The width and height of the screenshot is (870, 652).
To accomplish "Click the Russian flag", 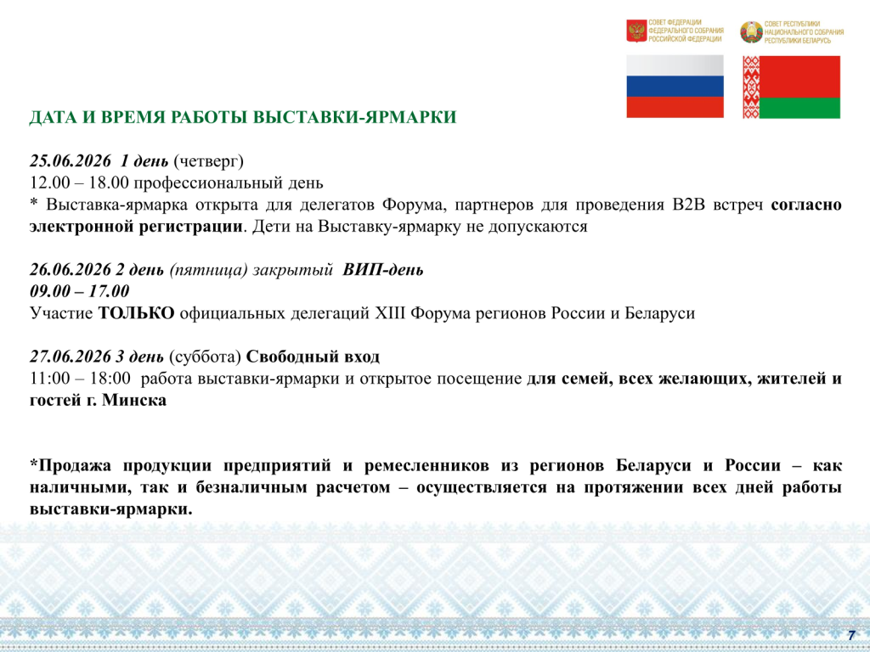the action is pyautogui.click(x=675, y=87).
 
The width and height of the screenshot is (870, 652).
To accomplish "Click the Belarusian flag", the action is pyautogui.click(x=791, y=87).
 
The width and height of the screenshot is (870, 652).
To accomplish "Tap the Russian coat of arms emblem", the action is pyautogui.click(x=636, y=31).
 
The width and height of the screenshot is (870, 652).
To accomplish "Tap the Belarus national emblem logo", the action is pyautogui.click(x=751, y=32).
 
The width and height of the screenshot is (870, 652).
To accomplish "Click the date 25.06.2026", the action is pyautogui.click(x=71, y=160).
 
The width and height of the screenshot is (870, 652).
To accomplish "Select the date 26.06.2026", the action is pyautogui.click(x=71, y=269).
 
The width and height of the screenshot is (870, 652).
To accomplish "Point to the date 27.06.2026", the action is pyautogui.click(x=71, y=356).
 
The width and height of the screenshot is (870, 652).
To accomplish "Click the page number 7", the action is pyautogui.click(x=851, y=635).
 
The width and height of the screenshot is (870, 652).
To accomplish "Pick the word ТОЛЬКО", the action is pyautogui.click(x=137, y=312).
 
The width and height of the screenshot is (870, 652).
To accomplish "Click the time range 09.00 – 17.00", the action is pyautogui.click(x=79, y=291).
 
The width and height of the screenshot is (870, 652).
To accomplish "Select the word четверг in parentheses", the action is pyautogui.click(x=209, y=161).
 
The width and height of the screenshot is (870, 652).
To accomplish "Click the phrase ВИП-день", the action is pyautogui.click(x=383, y=269).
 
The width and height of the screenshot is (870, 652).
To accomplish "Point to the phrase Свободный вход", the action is pyautogui.click(x=313, y=356).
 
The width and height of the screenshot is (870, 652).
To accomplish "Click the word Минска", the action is pyautogui.click(x=134, y=400).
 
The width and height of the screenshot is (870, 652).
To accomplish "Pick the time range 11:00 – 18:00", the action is pyautogui.click(x=80, y=378).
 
